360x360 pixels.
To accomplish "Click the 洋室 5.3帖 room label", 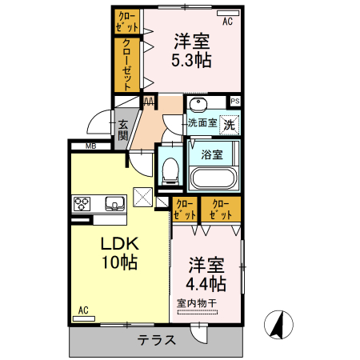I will click(x=193, y=50).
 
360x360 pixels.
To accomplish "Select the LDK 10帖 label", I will click(x=119, y=252).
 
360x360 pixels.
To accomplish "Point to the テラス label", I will click(x=156, y=340).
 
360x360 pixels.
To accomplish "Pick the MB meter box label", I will click(x=90, y=146).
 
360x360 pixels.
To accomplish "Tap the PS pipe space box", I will click(x=235, y=101).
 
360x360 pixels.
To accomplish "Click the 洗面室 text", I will click(x=202, y=123).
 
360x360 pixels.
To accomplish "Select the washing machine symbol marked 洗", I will click(x=230, y=124).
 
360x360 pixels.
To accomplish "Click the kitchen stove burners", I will click(x=83, y=204).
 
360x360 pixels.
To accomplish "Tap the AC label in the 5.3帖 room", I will click(x=227, y=22).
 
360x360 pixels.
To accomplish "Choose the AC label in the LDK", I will click(x=82, y=310).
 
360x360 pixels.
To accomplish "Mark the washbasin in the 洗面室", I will click(x=198, y=106).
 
